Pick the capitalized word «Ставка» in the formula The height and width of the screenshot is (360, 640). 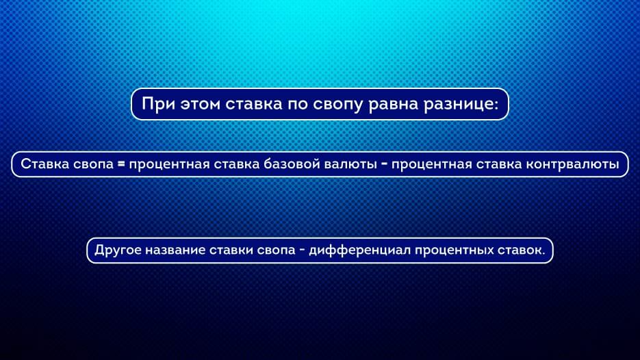coord(45,164)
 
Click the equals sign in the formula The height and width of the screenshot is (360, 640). coord(121,164)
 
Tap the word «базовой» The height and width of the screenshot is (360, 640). coord(292,164)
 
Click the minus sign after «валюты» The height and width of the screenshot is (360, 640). coord(384,164)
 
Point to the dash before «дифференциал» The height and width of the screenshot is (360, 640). coord(302,250)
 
